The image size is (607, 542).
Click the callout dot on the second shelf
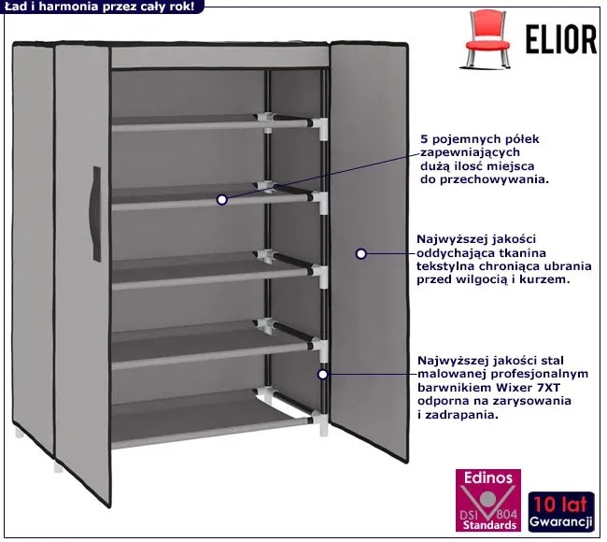(x=221, y=199)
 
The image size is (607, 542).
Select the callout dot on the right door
(x=361, y=253)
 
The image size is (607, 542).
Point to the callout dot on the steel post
(x=322, y=374)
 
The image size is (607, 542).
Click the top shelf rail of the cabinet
(x=215, y=121)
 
